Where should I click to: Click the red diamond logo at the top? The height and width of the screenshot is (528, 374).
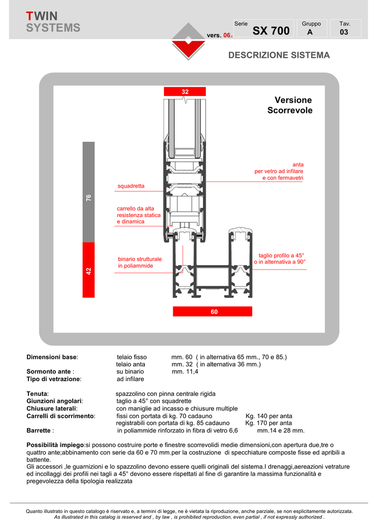point(188,41)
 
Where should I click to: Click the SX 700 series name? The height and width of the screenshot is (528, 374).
point(271,31)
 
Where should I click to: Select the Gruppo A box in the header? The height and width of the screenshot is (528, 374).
point(311,28)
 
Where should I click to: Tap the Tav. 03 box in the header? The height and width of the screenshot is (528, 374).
point(344,28)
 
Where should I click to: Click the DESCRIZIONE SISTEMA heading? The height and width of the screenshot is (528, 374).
point(279,55)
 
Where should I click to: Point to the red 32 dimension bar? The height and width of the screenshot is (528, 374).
point(185,92)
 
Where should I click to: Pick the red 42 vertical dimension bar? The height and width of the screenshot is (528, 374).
point(89,270)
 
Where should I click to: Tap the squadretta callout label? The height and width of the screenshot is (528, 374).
point(131,186)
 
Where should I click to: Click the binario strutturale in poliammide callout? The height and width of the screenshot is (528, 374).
point(139,262)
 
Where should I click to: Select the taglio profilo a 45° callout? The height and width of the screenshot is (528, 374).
point(280,259)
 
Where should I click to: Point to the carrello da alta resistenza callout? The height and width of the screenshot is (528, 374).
point(138,215)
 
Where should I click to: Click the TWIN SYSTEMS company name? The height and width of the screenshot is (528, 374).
point(53,22)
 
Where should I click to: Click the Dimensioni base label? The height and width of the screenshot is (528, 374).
point(52,357)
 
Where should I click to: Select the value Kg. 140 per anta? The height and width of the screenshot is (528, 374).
point(268,416)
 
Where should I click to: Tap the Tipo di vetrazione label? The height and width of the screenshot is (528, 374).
point(54,379)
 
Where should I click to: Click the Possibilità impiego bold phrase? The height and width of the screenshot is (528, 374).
point(55,444)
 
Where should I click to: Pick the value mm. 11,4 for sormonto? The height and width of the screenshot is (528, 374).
point(185,371)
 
